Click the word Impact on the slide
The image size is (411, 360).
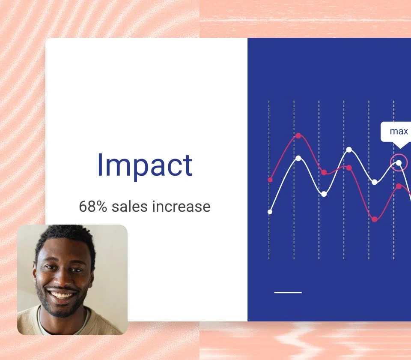click(145, 165)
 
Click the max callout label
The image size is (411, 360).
click(399, 132)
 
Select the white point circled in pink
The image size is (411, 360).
click(399, 162)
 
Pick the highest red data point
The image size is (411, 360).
click(298, 136)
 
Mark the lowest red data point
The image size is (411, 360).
click(375, 219)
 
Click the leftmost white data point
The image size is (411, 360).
click(270, 212)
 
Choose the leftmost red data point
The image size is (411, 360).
click(270, 180)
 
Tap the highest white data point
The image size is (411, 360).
click(349, 150)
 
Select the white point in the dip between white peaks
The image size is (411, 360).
click(324, 194)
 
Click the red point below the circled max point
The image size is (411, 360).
click(399, 186)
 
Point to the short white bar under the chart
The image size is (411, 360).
click(288, 293)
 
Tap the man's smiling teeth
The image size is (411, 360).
click(63, 295)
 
